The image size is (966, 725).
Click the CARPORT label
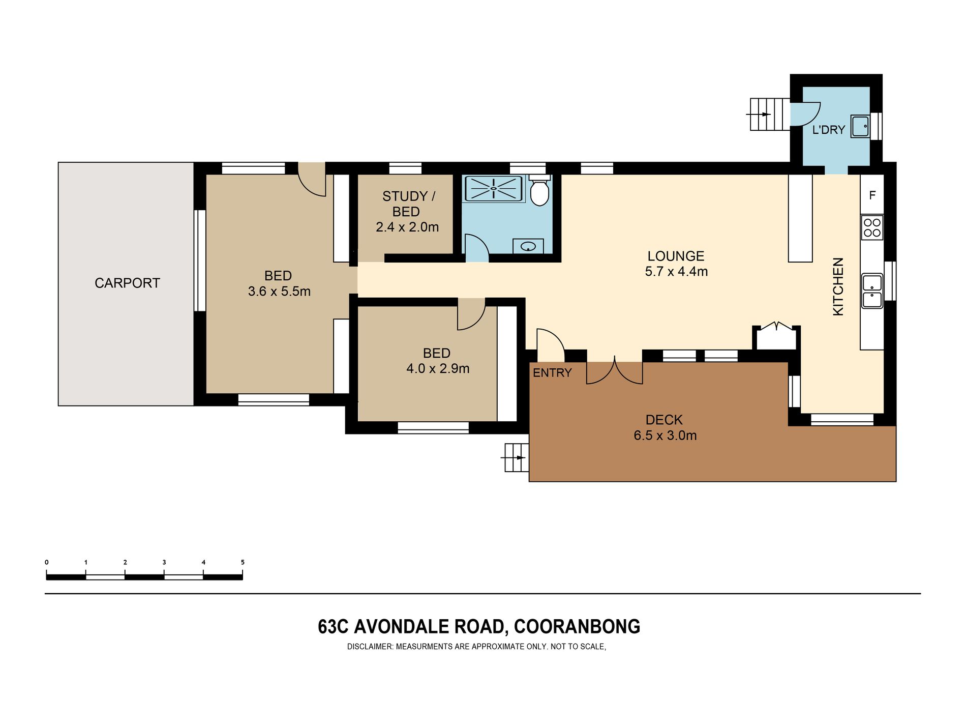tap(127, 283)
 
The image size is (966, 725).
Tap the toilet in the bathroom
tap(539, 190)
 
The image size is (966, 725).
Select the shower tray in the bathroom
tap(494, 189)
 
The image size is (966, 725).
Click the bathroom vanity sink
tap(528, 246)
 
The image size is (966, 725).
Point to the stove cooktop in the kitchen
tap(872, 228)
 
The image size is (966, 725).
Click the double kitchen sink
tap(872, 291)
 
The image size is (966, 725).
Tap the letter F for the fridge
tap(872, 195)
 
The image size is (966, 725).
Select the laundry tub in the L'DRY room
tap(861, 127)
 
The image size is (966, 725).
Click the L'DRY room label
tap(829, 130)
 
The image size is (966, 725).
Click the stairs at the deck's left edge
tap(517, 457)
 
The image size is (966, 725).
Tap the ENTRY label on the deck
tap(552, 373)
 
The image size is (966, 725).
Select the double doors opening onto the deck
tap(615, 371)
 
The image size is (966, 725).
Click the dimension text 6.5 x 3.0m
tap(665, 436)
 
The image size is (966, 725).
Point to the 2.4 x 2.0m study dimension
tap(407, 227)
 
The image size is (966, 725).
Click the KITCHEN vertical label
tap(838, 286)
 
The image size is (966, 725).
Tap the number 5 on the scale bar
tap(243, 562)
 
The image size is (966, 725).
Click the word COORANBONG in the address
tap(577, 626)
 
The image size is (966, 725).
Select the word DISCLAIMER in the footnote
tap(370, 647)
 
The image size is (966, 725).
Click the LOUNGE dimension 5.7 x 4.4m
tap(676, 272)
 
